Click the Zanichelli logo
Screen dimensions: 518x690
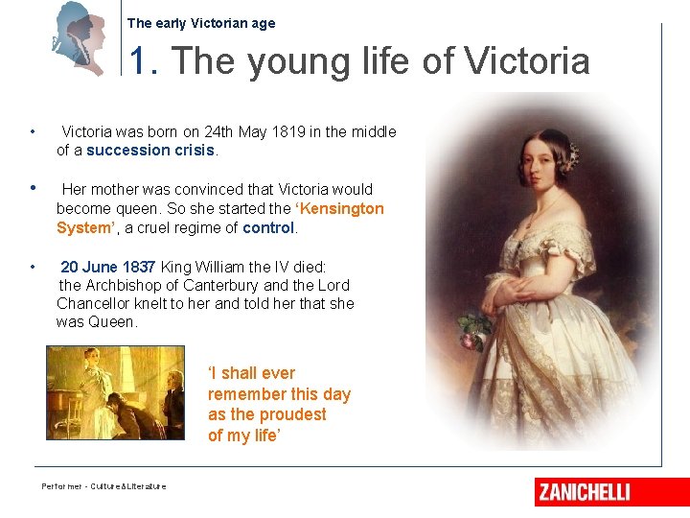(584, 492)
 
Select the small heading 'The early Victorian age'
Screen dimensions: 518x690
(200, 23)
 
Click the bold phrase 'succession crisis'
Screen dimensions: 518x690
(150, 150)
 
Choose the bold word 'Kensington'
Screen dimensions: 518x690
(341, 208)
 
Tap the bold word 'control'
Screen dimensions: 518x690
(268, 227)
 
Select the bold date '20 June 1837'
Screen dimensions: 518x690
(109, 267)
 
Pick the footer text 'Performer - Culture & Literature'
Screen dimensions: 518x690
(103, 486)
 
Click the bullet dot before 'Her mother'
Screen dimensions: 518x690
(34, 189)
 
